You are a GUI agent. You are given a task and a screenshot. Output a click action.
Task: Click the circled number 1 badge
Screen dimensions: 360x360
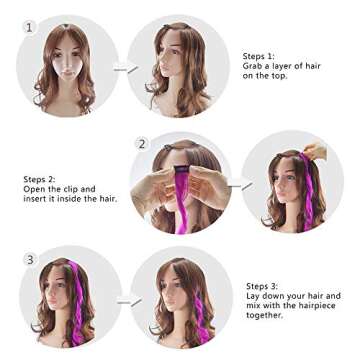click(x=30, y=27)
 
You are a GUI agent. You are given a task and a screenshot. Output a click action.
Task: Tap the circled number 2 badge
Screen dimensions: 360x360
click(x=142, y=144)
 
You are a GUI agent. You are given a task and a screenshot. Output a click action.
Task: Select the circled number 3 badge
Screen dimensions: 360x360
click(x=30, y=260)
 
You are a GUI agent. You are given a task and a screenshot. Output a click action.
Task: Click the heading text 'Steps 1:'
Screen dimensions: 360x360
click(x=258, y=57)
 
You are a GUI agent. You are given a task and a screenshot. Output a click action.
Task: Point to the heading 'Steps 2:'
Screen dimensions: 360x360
click(x=38, y=179)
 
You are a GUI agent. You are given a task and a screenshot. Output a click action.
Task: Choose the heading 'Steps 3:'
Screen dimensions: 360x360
click(x=262, y=286)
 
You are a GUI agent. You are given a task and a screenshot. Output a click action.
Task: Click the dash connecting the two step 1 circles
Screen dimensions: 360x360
click(x=125, y=69)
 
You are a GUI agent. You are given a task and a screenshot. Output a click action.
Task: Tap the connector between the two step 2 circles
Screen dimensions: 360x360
click(x=240, y=185)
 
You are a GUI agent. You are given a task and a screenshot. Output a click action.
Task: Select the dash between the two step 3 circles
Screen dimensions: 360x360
click(x=125, y=300)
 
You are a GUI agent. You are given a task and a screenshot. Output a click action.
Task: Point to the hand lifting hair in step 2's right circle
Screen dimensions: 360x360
click(x=315, y=152)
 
